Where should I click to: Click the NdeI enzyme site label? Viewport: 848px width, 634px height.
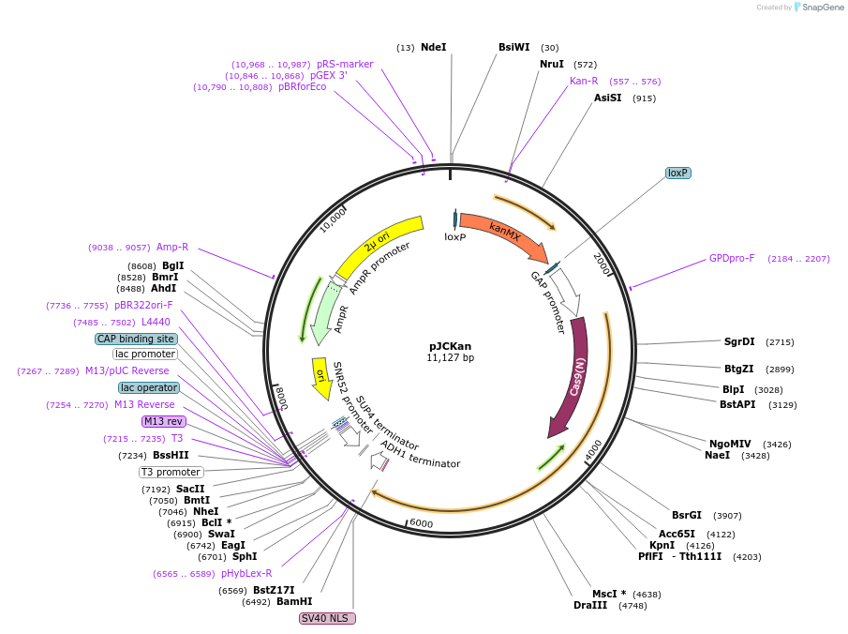click(433, 47)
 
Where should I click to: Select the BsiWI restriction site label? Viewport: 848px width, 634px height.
click(513, 47)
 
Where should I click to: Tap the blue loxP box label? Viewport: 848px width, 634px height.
click(677, 173)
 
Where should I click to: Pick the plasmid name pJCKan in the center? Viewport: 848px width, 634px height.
click(450, 346)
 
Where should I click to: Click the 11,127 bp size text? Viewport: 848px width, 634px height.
click(450, 357)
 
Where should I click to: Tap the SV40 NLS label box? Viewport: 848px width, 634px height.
click(327, 618)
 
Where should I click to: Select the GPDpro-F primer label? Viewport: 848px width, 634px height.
click(732, 258)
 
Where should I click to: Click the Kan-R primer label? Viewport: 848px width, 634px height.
click(584, 81)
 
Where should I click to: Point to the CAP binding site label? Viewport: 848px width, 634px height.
click(136, 339)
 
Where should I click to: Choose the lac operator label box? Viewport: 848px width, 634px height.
click(148, 387)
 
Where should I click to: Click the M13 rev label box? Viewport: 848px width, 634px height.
click(163, 421)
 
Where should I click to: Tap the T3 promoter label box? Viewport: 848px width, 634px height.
click(171, 472)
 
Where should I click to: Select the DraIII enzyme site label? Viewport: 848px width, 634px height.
click(590, 605)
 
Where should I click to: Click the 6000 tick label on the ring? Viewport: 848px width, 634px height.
click(422, 523)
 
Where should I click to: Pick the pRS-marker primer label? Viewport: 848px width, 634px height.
click(345, 64)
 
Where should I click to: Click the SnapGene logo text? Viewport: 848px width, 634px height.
click(822, 8)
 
